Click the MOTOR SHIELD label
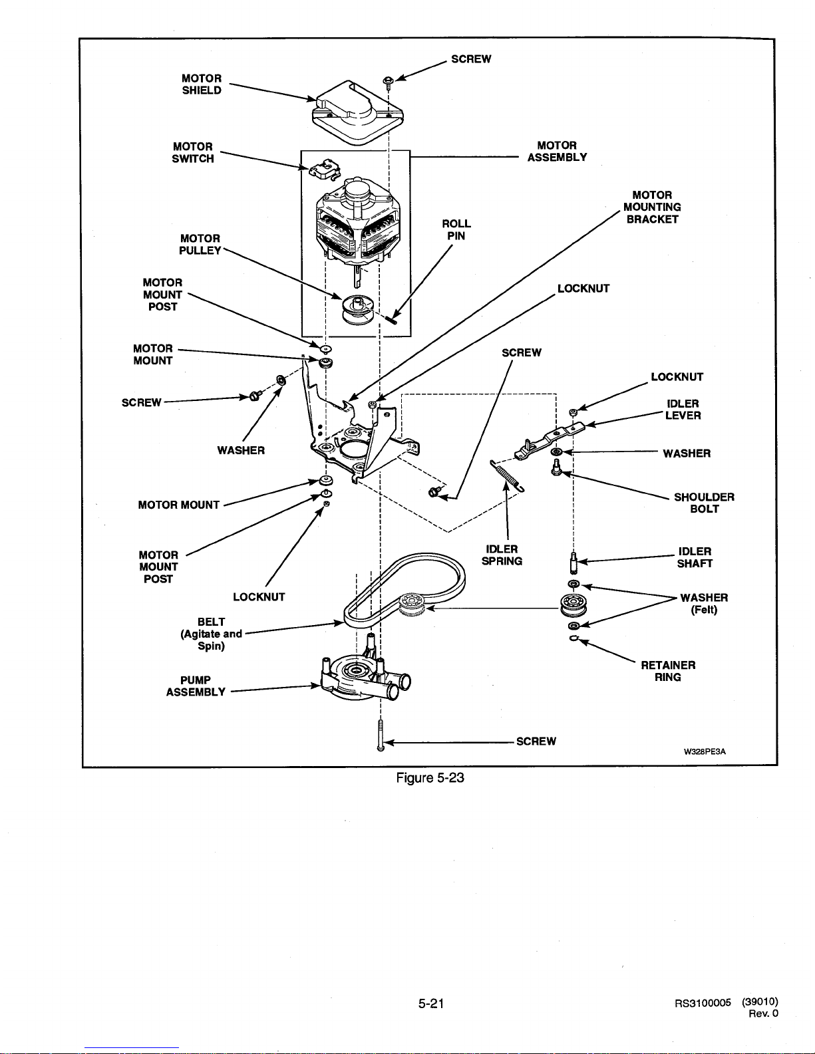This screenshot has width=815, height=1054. (202, 84)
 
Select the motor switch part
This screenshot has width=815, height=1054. (325, 169)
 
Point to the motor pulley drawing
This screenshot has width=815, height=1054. (358, 309)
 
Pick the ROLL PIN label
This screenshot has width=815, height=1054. (456, 230)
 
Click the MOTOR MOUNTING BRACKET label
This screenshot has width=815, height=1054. (652, 207)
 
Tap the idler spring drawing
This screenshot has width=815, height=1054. (507, 475)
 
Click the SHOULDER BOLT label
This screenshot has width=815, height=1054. (704, 503)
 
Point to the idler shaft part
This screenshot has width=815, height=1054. (573, 563)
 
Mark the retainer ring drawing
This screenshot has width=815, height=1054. (574, 638)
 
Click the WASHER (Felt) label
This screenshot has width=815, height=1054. (704, 603)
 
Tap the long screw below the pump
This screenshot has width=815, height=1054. (381, 735)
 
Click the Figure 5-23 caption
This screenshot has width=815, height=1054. (430, 778)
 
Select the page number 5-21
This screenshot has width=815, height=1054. (431, 1003)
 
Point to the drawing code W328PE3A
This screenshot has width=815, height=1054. (705, 752)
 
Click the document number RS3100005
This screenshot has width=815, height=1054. (703, 1003)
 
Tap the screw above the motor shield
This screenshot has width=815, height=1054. (388, 82)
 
